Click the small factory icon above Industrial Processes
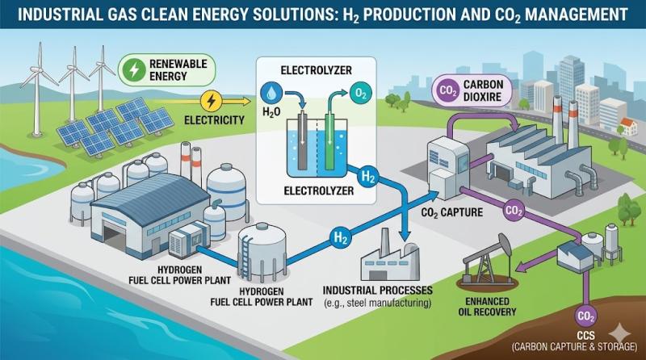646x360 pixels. [x=388, y=258]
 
